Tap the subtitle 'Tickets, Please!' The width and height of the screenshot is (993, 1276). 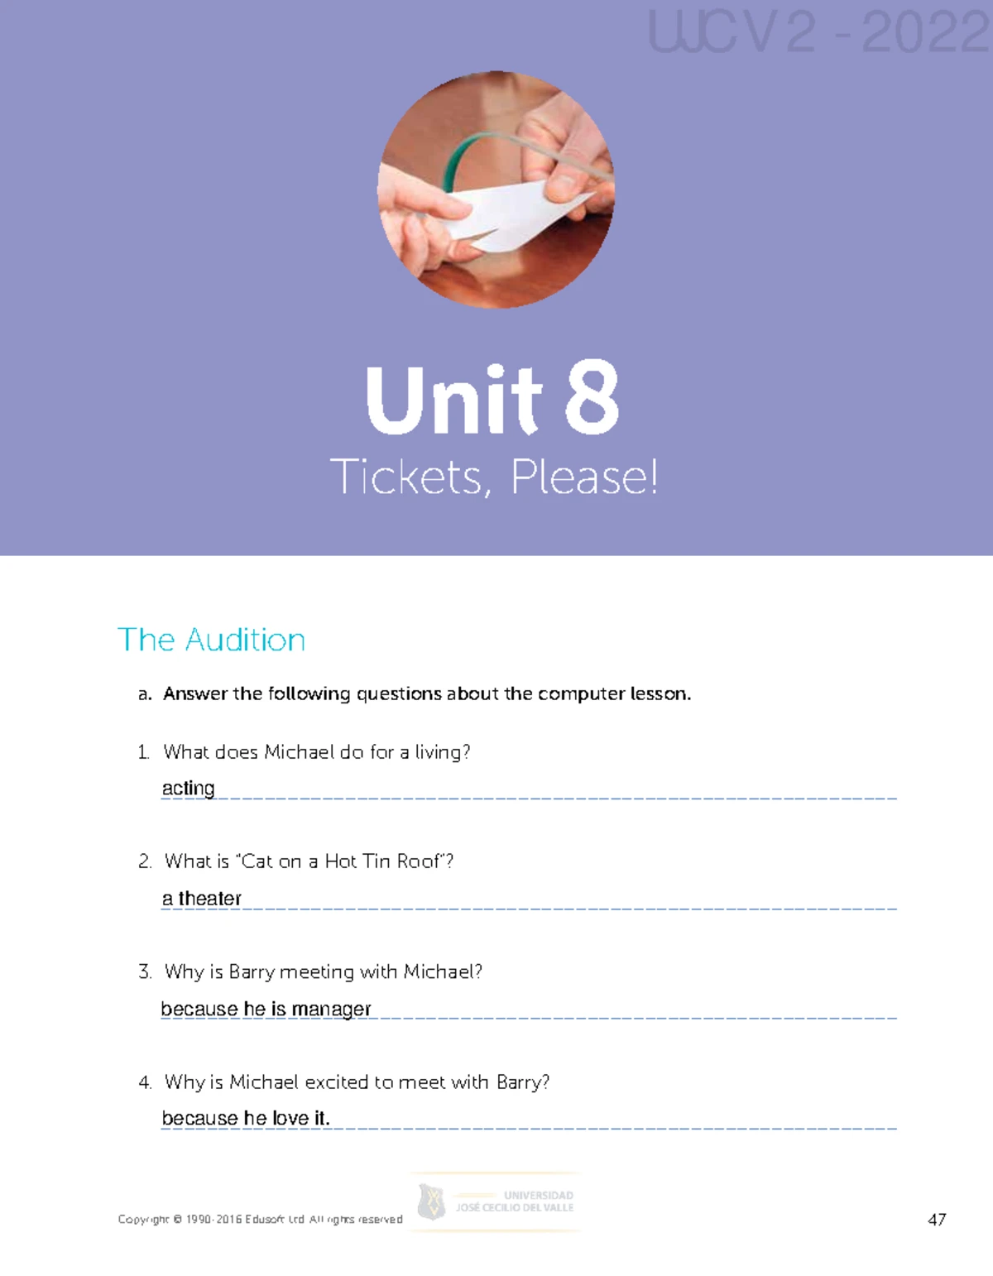(x=494, y=477)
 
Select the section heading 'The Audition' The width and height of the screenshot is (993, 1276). (x=212, y=640)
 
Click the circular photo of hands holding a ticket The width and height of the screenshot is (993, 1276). (x=496, y=190)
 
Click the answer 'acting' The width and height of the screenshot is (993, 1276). (x=188, y=788)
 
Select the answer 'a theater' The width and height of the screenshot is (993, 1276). (x=201, y=898)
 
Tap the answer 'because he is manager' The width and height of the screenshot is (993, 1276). (x=266, y=1009)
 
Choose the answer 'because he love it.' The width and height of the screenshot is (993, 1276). (x=246, y=1118)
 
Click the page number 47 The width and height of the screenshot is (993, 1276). (x=937, y=1220)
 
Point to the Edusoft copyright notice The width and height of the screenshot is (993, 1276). (x=260, y=1220)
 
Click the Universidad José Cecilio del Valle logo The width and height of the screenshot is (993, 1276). (x=496, y=1202)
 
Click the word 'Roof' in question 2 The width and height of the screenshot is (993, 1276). (x=420, y=861)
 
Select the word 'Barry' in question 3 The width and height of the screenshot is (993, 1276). (x=252, y=971)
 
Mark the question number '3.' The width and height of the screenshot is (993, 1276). (x=145, y=971)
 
